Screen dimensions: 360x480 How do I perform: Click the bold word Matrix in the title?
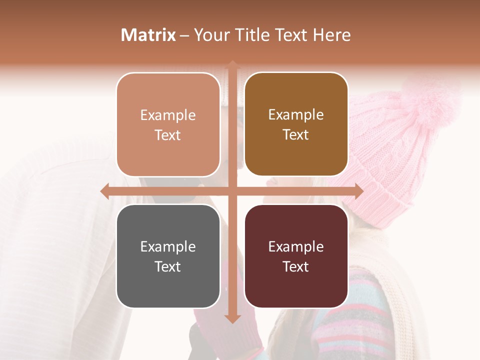tap(148, 35)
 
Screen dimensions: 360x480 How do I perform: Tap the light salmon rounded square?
tap(168, 125)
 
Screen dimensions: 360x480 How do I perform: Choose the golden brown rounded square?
tap(296, 124)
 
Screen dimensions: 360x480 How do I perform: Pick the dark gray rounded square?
tap(168, 256)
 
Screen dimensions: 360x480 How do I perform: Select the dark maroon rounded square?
tap(296, 256)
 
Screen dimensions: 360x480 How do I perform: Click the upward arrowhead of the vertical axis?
tap(232, 65)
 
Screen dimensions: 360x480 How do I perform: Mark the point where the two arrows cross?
tap(232, 191)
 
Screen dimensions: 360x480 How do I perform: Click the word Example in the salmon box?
tap(168, 115)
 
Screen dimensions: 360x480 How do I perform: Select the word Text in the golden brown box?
tap(296, 135)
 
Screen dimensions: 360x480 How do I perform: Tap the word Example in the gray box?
tap(168, 247)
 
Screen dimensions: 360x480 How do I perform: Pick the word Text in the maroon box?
tap(296, 266)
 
